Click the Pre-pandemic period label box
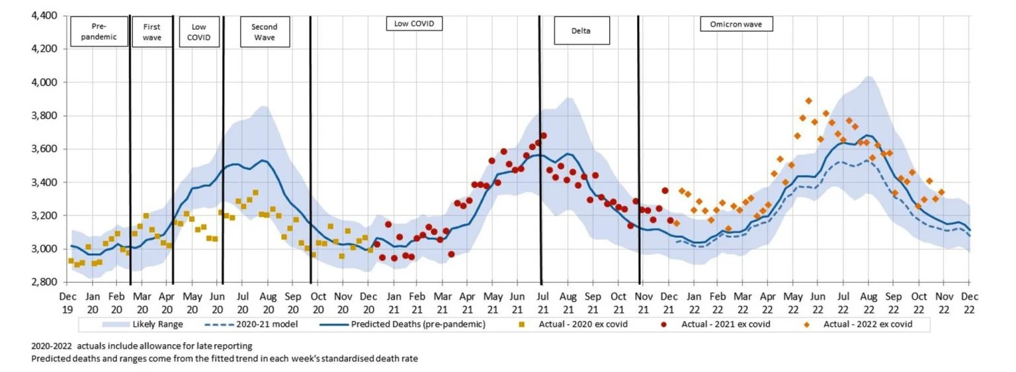pyautogui.click(x=98, y=32)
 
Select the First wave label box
pyautogui.click(x=151, y=32)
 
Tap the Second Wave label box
pyautogui.click(x=264, y=32)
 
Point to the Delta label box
pyautogui.click(x=581, y=30)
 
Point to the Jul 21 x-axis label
pyautogui.click(x=542, y=303)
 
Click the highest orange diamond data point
pyautogui.click(x=808, y=101)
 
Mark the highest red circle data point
pyautogui.click(x=543, y=135)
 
